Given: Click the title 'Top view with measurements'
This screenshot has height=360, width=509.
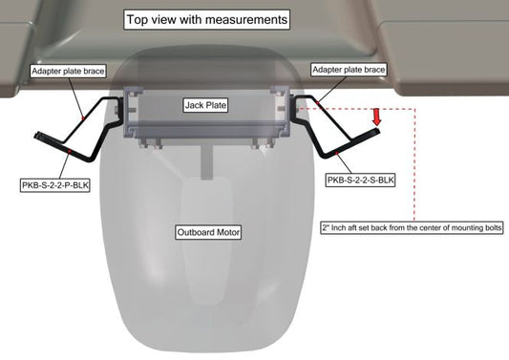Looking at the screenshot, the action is point(207,19).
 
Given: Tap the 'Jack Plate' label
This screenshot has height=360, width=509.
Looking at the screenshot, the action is point(205,105).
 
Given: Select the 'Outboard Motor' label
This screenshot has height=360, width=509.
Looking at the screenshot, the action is point(208,232).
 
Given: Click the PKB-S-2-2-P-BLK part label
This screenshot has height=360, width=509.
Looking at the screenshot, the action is point(54,185).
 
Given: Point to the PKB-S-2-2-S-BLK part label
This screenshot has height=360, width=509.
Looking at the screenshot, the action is point(360,180).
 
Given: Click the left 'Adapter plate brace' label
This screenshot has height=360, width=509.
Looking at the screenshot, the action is point(68,71).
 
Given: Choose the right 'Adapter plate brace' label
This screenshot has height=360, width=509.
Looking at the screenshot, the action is point(349,70).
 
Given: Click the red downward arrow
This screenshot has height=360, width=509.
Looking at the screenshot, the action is point(376,116).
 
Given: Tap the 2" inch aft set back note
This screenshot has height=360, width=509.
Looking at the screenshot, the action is point(412,227).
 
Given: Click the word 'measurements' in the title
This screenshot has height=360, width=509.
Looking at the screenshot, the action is point(246,19).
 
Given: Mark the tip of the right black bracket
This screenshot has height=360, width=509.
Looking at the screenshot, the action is point(378,130).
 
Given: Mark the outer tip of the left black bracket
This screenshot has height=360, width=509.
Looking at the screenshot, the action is point(36,136).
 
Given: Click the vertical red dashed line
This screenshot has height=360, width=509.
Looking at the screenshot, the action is point(414,165).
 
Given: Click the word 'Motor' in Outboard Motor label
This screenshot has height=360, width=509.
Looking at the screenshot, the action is point(228,232).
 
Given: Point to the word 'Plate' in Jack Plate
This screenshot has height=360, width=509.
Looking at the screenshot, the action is point(216,105).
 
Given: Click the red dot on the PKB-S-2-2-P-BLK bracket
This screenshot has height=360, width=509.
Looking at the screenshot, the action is point(70,151).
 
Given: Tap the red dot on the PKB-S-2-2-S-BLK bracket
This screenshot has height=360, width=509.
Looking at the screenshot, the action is point(337,152).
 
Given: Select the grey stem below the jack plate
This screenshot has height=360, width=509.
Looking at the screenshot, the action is point(206,161).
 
